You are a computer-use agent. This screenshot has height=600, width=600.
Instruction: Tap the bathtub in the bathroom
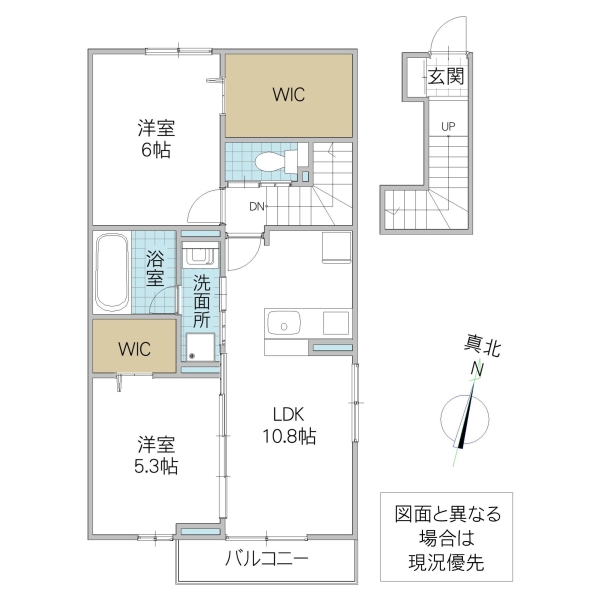click(x=111, y=274)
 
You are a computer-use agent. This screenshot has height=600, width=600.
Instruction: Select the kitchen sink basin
click(x=285, y=325)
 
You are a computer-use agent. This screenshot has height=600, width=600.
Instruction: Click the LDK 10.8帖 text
click(x=290, y=426)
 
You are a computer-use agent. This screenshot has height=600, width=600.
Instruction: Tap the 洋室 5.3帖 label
click(x=156, y=455)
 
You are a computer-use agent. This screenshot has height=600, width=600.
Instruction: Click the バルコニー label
click(x=266, y=558)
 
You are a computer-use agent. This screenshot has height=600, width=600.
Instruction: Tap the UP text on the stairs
click(x=448, y=126)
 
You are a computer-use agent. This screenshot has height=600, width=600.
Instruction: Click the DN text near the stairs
click(x=257, y=207)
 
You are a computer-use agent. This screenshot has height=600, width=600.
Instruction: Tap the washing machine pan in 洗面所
click(x=202, y=345)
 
